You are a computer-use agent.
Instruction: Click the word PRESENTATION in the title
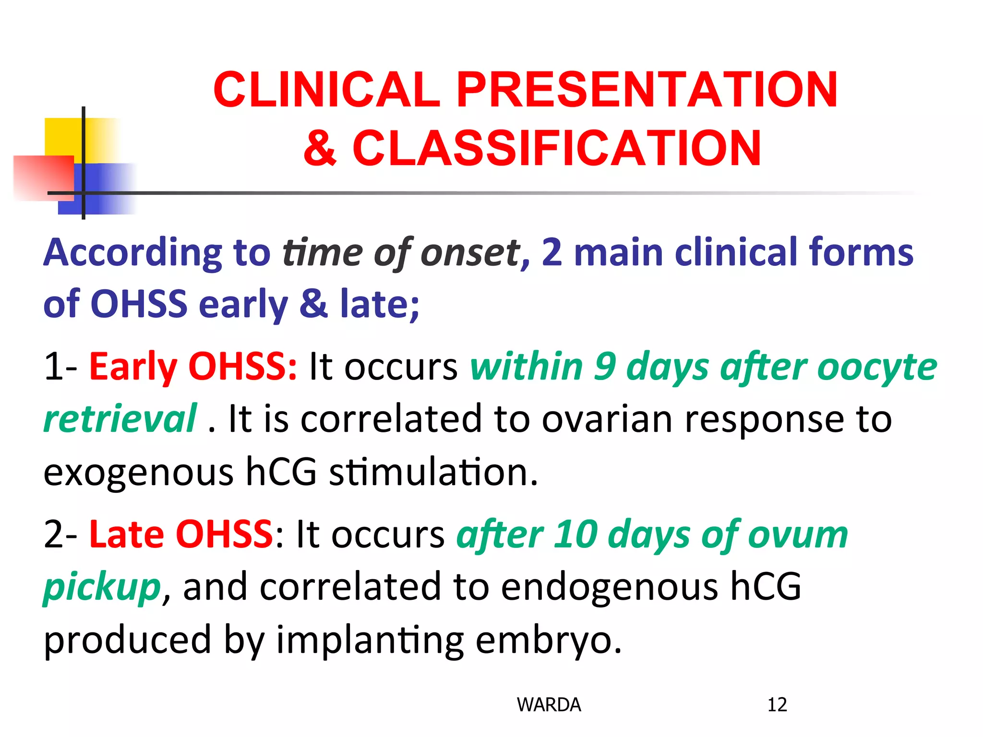coord(647,90)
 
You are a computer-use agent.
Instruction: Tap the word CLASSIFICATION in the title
coord(557,149)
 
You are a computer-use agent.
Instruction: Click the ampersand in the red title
coord(321,149)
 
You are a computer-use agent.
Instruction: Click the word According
coord(132,253)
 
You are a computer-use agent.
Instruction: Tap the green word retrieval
coord(120,419)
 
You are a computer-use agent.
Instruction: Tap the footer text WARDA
coord(549,705)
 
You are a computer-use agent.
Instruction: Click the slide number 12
coord(777,705)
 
